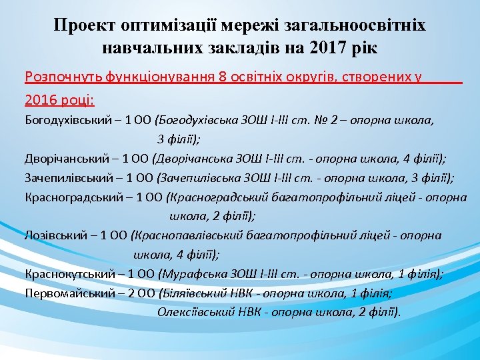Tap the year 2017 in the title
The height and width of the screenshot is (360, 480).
point(329,48)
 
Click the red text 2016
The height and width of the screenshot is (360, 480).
point(41,100)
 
